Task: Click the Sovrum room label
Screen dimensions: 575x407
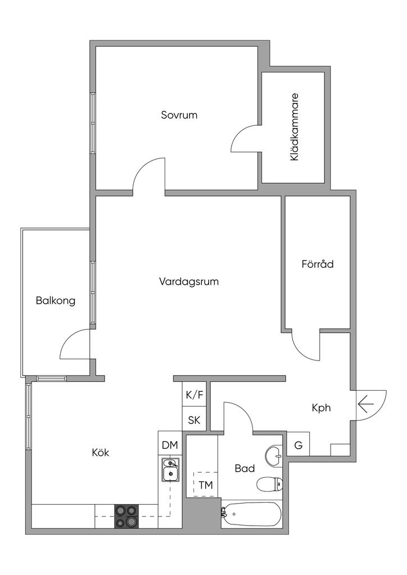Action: click(x=179, y=115)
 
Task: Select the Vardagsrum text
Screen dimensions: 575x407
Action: click(x=188, y=281)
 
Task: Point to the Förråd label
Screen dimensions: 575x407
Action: click(x=317, y=263)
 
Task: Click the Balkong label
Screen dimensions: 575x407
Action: click(x=56, y=300)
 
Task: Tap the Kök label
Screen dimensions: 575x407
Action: click(x=100, y=453)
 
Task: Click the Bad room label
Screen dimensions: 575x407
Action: click(x=245, y=468)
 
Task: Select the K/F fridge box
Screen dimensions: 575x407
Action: click(x=195, y=395)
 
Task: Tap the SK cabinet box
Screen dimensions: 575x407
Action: click(x=195, y=420)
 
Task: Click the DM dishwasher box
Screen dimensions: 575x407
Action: click(x=170, y=445)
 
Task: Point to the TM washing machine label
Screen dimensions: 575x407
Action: click(x=206, y=485)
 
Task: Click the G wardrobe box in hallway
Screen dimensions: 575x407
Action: click(x=299, y=446)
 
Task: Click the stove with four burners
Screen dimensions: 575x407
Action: click(x=126, y=516)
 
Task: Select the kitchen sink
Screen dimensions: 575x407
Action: click(x=170, y=471)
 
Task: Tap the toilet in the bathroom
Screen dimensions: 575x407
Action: click(x=269, y=483)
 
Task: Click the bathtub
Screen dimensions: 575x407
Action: click(x=251, y=514)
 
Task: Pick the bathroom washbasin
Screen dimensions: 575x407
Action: click(x=274, y=455)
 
